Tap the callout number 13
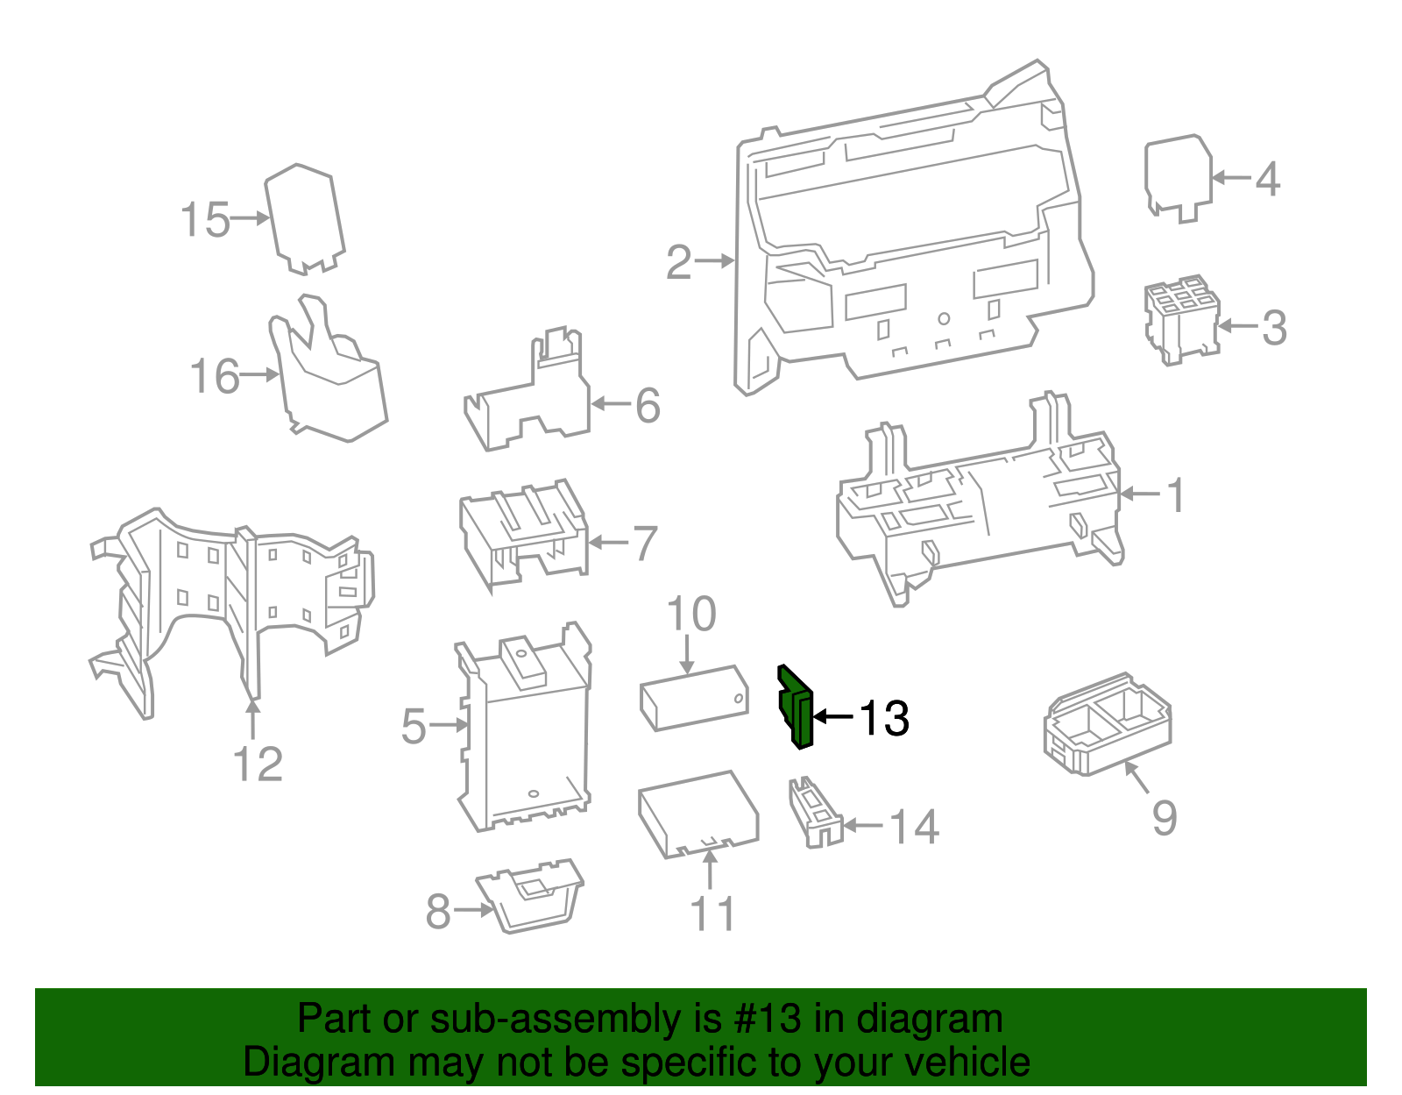coord(883,719)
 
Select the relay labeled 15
coord(304,218)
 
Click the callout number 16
coord(214,377)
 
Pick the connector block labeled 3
coord(1180,320)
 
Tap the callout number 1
coord(1176,495)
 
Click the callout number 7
coord(645,544)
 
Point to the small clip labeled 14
coord(816,811)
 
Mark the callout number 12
coord(258,764)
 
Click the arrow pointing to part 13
coord(833,717)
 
